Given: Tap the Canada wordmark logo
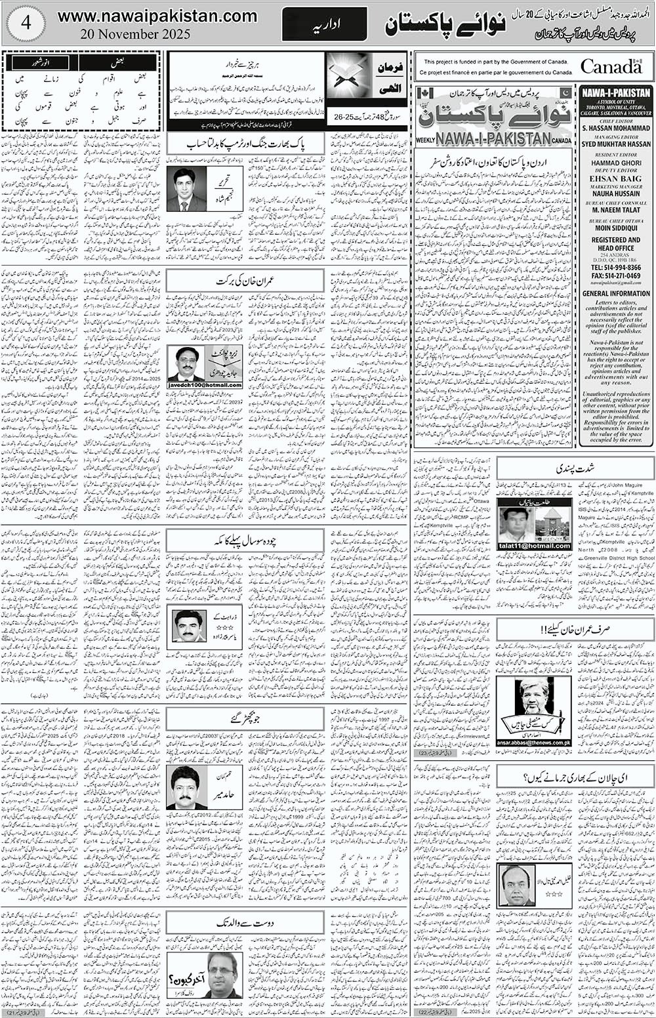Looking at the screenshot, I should [x=610, y=66].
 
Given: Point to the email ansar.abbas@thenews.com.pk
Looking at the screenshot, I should [x=533, y=742].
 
